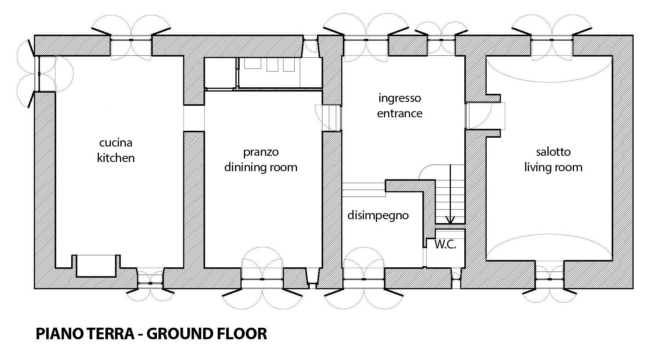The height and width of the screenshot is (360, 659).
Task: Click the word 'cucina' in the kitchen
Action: click(116, 143)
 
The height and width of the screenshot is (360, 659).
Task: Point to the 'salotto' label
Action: click(553, 152)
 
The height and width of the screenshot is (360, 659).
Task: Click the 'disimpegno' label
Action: click(378, 216)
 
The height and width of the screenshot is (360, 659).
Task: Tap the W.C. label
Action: click(445, 245)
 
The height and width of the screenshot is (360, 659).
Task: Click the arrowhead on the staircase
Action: click(450, 220)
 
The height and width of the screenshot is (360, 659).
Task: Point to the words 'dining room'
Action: click(261, 167)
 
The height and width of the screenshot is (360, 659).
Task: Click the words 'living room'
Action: click(553, 167)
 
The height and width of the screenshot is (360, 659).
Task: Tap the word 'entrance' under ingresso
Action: click(400, 113)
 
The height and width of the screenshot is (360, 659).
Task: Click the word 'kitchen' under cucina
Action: click(116, 158)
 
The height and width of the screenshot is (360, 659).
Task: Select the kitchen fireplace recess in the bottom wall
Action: click(96, 266)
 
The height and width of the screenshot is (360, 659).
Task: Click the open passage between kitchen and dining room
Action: click(194, 118)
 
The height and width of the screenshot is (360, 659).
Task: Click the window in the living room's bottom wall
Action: click(549, 279)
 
